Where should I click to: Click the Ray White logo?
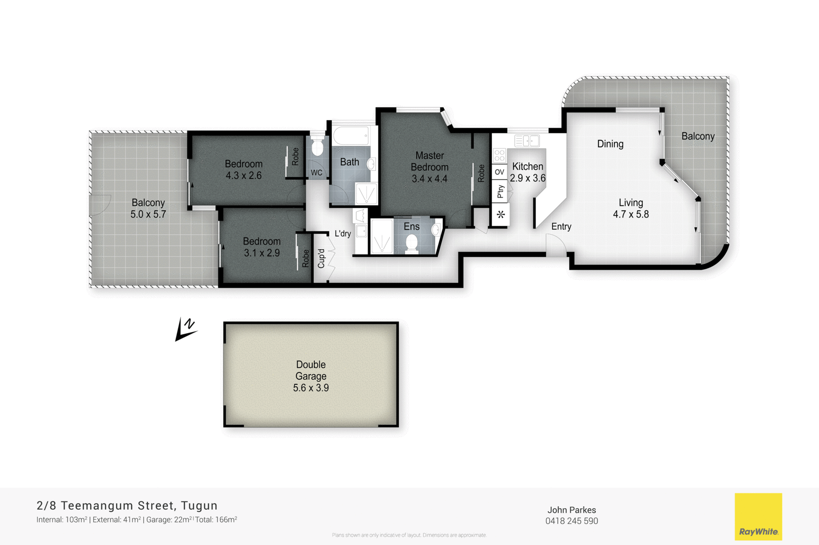click(x=758, y=516)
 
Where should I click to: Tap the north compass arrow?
click(x=186, y=330)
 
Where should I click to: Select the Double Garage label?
click(x=311, y=370)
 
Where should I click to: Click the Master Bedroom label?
click(x=429, y=161)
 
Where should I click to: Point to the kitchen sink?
click(x=527, y=141)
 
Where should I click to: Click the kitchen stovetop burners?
click(x=500, y=156)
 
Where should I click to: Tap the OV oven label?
click(x=500, y=172)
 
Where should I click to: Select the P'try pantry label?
click(x=501, y=191)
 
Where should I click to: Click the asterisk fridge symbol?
click(x=501, y=214)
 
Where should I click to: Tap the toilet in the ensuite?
click(x=412, y=243)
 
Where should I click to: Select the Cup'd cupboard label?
click(x=321, y=258)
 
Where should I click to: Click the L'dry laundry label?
click(x=342, y=233)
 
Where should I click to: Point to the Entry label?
click(x=561, y=227)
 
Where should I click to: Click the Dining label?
click(x=610, y=144)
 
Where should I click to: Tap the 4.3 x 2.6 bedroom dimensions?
click(x=244, y=176)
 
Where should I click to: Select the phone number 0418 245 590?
click(x=572, y=521)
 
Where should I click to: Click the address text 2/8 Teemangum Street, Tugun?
click(x=127, y=506)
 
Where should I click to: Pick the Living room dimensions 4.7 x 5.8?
click(x=631, y=214)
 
